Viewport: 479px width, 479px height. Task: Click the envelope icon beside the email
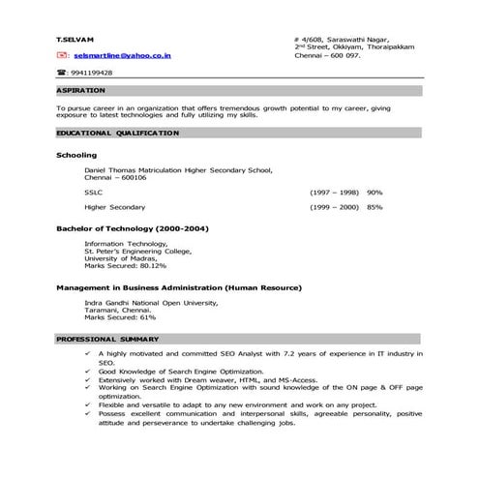coord(61,56)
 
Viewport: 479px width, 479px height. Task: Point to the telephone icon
coord(61,73)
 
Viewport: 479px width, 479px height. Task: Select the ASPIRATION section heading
coord(80,90)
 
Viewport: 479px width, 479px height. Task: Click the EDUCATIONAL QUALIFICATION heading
coord(117,132)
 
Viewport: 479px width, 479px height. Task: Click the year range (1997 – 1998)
coord(334,192)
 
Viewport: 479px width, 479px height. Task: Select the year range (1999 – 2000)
coord(334,207)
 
